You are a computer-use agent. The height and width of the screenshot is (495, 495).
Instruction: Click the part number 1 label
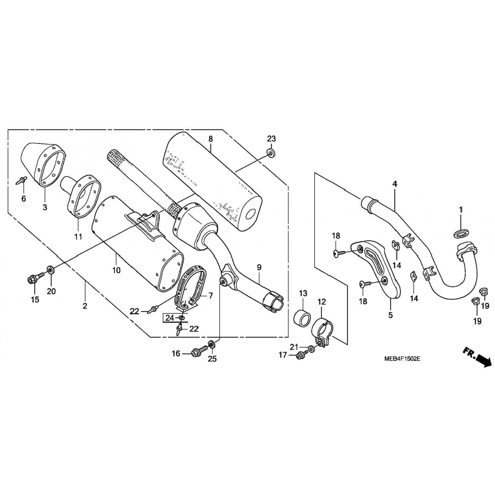[x=461, y=210]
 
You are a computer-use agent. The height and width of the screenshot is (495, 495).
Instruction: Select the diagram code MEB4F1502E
[x=402, y=358]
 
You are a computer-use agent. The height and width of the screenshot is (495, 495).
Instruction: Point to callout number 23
[x=271, y=139]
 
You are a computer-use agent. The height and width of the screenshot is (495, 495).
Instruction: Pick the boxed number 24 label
[x=170, y=318]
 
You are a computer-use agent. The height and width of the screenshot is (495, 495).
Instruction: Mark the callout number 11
[x=78, y=236]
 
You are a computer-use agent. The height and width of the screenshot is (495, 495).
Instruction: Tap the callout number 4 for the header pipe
[x=395, y=184]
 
